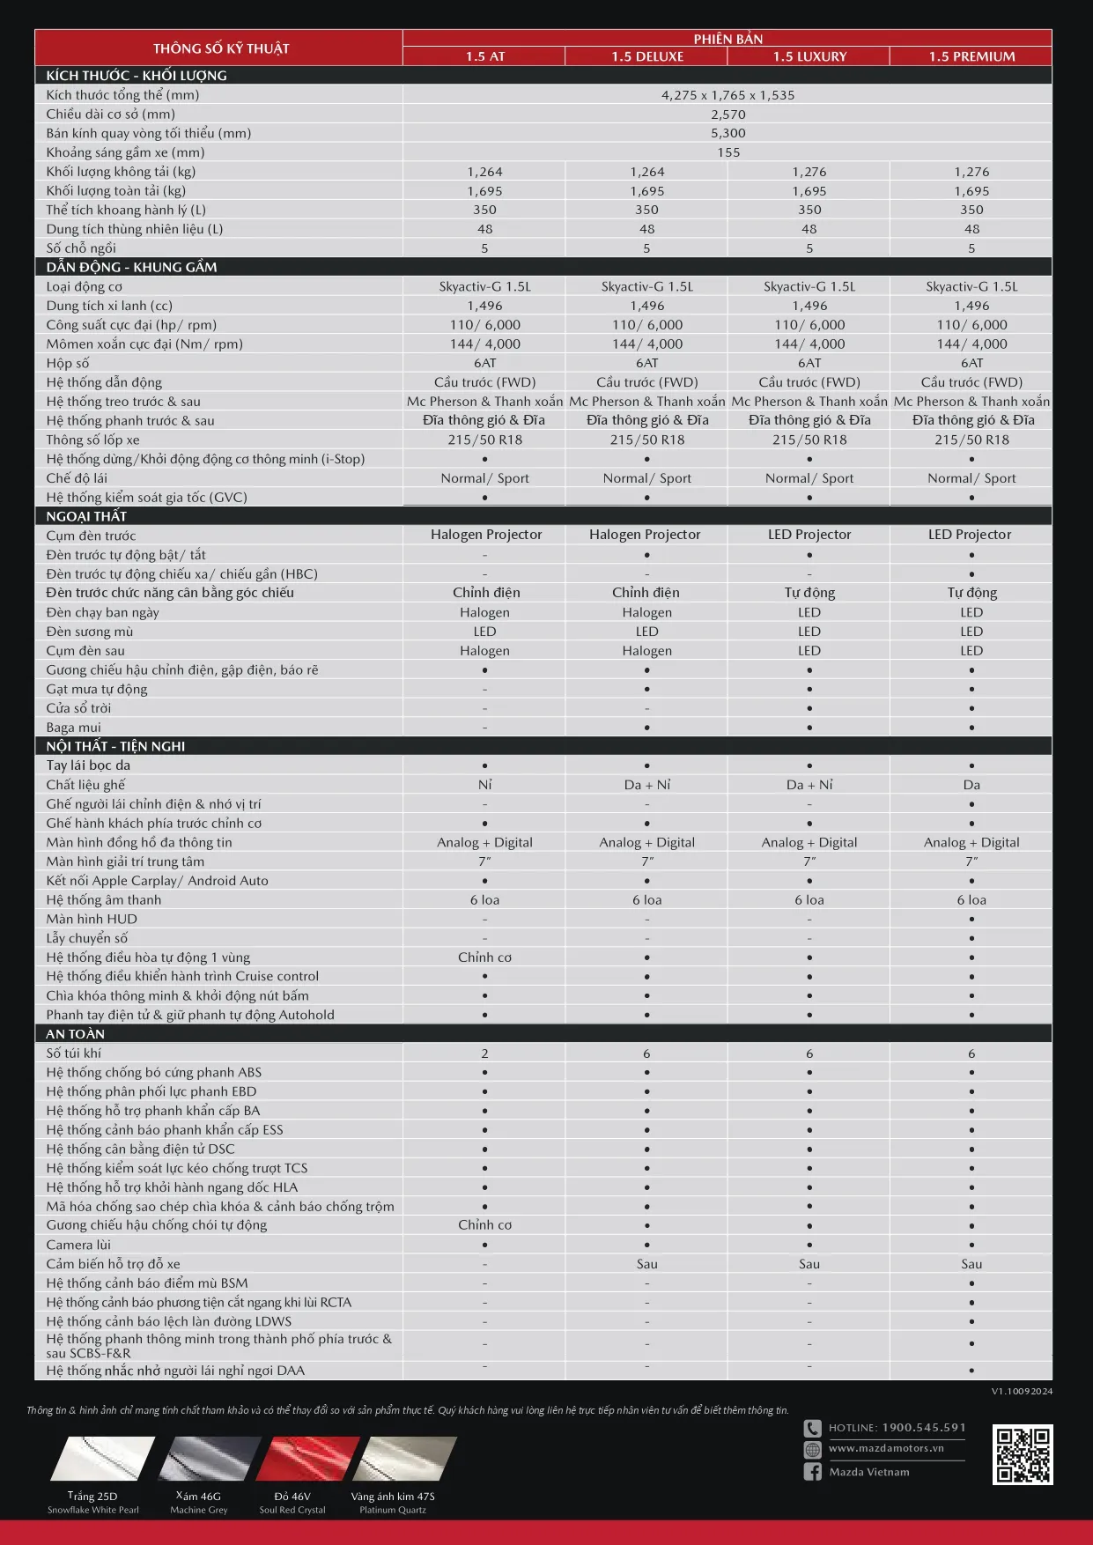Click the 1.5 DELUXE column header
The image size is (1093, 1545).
coord(647,56)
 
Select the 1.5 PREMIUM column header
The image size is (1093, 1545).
coord(971,56)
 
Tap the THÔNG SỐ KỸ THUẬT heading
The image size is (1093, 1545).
coord(221,48)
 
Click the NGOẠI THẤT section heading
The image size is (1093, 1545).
coord(86,516)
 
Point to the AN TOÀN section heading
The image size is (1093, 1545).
coord(76,1034)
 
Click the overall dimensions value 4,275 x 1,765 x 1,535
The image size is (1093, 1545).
coord(727,95)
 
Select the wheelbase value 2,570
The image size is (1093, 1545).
coord(727,115)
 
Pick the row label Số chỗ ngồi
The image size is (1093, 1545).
coord(81,248)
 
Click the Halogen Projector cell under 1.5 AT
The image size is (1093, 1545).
coord(486,535)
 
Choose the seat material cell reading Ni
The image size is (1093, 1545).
coord(484,785)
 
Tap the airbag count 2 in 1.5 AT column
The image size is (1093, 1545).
coord(484,1053)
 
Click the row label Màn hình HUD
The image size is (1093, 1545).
coord(92,919)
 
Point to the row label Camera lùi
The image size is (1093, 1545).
coord(78,1245)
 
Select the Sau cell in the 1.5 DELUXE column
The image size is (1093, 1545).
coord(646,1264)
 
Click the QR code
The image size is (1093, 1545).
coord(1023,1454)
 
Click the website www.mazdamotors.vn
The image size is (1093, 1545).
coord(885,1448)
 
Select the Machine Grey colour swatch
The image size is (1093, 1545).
coord(210,1460)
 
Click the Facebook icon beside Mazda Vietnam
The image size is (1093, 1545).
coord(812,1472)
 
